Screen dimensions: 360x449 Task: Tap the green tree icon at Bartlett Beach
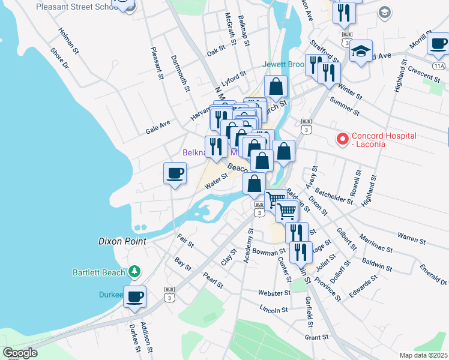click(134, 272)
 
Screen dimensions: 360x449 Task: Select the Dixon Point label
click(122, 241)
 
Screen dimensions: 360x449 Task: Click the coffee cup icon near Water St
click(175, 174)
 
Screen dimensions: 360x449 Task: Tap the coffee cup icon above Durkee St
click(134, 296)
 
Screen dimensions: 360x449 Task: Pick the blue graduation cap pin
click(361, 52)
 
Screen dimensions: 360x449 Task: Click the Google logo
click(20, 352)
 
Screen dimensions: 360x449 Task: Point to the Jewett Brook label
click(283, 64)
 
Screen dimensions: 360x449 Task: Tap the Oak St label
click(215, 52)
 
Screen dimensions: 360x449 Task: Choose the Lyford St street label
click(234, 79)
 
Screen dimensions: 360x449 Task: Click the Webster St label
click(274, 293)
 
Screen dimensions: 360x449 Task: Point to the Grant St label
click(316, 337)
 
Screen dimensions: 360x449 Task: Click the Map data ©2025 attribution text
click(423, 355)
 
